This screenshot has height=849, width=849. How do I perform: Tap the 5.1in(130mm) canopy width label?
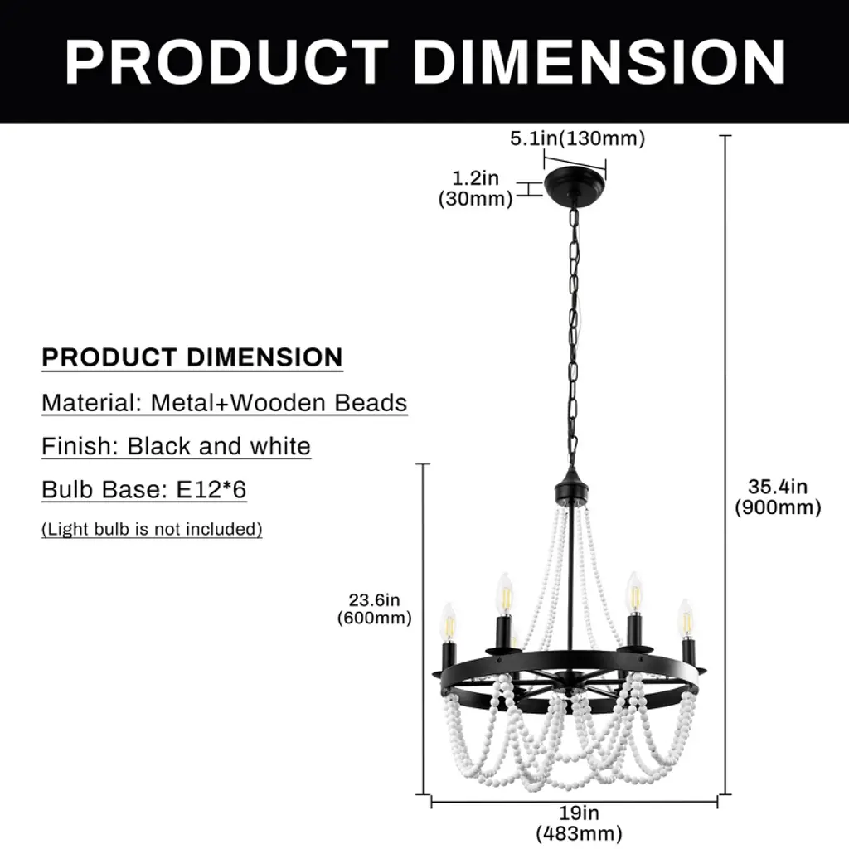pyautogui.click(x=577, y=138)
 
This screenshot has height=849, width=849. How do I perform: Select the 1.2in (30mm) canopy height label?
pyautogui.click(x=475, y=188)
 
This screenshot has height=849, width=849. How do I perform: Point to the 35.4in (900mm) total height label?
pyautogui.click(x=778, y=497)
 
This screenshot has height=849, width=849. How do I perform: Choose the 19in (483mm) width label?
pyautogui.click(x=579, y=823)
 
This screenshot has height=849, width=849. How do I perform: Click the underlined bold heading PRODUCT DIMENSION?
pyautogui.click(x=192, y=357)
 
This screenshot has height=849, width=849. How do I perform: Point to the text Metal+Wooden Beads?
pyautogui.click(x=279, y=403)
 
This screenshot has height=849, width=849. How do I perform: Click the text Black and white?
pyautogui.click(x=219, y=446)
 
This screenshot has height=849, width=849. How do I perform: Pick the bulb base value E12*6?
pyautogui.click(x=212, y=489)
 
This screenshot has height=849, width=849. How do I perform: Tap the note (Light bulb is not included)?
pyautogui.click(x=152, y=529)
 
